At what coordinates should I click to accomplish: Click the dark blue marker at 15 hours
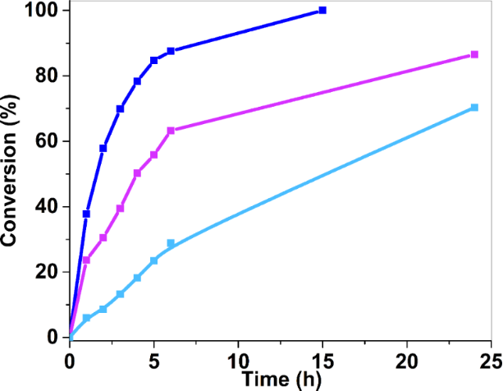[x=322, y=11]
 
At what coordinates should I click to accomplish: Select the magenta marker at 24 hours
[x=474, y=55]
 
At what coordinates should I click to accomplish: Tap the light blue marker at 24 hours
[x=474, y=108]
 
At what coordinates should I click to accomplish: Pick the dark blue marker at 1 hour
[x=86, y=214]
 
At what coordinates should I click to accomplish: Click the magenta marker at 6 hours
[x=171, y=131]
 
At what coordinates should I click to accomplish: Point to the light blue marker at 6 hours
[x=171, y=243]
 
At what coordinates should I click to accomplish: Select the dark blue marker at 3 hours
[x=120, y=108]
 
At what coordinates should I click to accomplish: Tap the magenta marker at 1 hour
[x=86, y=260]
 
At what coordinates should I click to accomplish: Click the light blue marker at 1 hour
[x=86, y=318]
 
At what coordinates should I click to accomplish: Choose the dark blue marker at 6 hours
[x=171, y=51]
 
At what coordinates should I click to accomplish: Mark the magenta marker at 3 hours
[x=120, y=209]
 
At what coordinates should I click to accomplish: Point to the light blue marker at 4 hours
[x=137, y=278]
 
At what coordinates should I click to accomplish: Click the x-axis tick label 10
[x=238, y=360]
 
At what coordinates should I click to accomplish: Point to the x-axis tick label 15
[x=322, y=360]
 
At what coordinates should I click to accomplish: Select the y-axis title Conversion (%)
[x=11, y=172]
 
